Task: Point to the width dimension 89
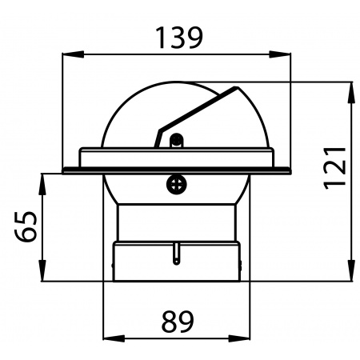(x=178, y=322)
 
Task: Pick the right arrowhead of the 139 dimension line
(x=284, y=55)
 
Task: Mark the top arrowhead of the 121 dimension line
(x=352, y=87)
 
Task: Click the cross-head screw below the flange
(x=177, y=185)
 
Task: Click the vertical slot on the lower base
(x=175, y=254)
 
